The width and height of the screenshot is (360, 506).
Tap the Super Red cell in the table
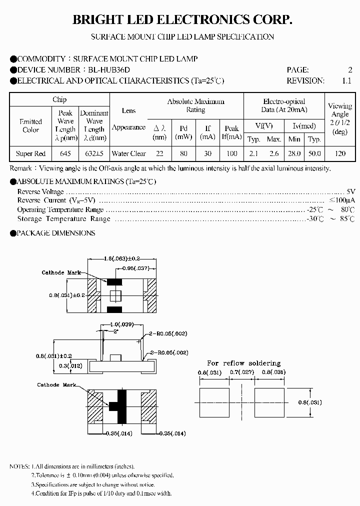click(31, 153)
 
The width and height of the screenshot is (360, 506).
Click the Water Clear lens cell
click(129, 153)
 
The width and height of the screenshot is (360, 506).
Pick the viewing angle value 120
click(340, 153)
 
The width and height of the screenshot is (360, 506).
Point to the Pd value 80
click(183, 153)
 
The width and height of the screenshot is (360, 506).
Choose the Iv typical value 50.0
click(314, 153)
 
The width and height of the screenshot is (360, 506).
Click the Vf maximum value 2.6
click(274, 153)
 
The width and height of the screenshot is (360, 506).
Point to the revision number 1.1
click(346, 80)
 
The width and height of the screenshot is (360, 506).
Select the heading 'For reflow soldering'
click(244, 363)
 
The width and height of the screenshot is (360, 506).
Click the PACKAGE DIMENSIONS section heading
click(55, 233)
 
